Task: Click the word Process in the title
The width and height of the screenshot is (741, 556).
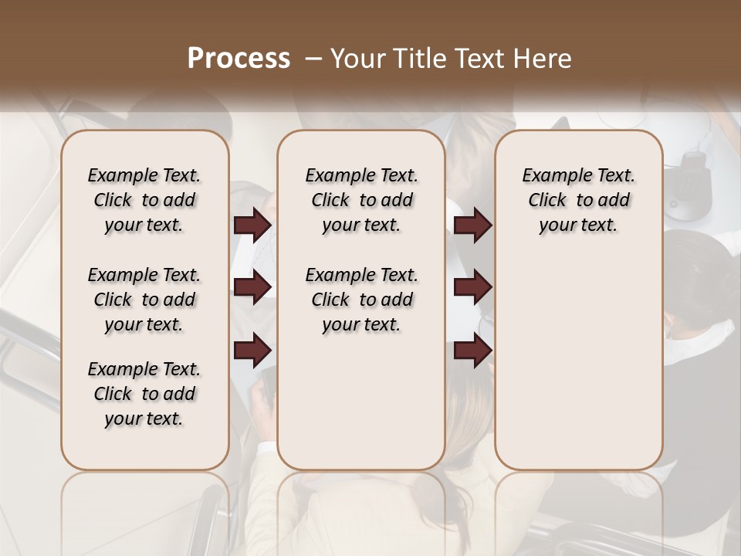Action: [239, 58]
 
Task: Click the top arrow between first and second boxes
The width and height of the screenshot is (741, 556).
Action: [252, 225]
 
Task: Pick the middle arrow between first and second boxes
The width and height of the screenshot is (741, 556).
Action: [252, 287]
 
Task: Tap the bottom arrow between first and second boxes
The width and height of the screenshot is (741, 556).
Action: [252, 351]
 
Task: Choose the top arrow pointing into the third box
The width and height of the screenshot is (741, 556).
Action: [472, 225]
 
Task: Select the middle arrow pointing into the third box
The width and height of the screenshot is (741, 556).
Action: [472, 287]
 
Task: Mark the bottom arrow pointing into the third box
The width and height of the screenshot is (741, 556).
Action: [472, 351]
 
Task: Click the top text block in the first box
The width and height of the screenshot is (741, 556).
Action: [144, 200]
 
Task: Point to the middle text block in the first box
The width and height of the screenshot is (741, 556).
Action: [144, 300]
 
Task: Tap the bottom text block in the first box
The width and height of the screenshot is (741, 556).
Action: [144, 394]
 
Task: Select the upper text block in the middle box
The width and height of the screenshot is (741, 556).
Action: [361, 200]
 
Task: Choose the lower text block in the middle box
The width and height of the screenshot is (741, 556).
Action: [361, 300]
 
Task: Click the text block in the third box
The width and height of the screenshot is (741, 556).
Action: [578, 200]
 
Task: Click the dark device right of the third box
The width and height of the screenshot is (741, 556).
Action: [689, 182]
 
